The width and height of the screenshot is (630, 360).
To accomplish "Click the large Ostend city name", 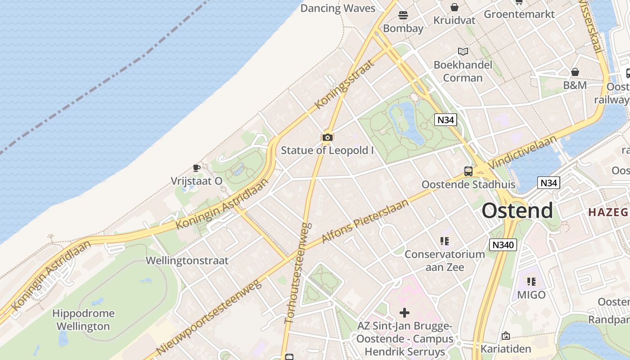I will click(x=517, y=211).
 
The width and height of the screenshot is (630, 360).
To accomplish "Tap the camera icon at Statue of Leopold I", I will click(x=328, y=137).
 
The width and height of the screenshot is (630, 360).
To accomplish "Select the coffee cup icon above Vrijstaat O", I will click(x=196, y=168).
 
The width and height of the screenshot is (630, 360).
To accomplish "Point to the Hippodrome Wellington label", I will click(x=83, y=319).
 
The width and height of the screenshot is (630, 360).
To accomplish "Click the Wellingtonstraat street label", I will click(x=187, y=261).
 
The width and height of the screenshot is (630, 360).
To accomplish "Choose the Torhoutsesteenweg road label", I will click(x=298, y=273).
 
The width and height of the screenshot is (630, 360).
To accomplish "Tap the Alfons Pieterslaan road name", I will click(x=365, y=221).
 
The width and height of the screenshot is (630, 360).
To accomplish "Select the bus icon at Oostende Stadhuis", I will click(x=468, y=171).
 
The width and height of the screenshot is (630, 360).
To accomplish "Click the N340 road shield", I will click(x=503, y=245).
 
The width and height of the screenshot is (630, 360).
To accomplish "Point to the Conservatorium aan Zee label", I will click(x=445, y=261).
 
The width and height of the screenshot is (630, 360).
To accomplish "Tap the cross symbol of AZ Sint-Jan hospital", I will click(x=405, y=312).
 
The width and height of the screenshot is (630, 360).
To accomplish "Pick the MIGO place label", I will click(x=531, y=295).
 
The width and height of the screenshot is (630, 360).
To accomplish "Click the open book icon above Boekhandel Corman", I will click(x=463, y=51).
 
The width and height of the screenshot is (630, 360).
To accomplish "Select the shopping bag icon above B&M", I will click(x=575, y=72).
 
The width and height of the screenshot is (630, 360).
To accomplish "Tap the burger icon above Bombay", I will click(x=403, y=15).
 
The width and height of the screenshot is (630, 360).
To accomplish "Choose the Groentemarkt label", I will click(x=519, y=14).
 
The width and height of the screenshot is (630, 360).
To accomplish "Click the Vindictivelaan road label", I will click(x=524, y=152).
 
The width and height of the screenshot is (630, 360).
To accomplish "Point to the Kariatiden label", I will click(x=506, y=349).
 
